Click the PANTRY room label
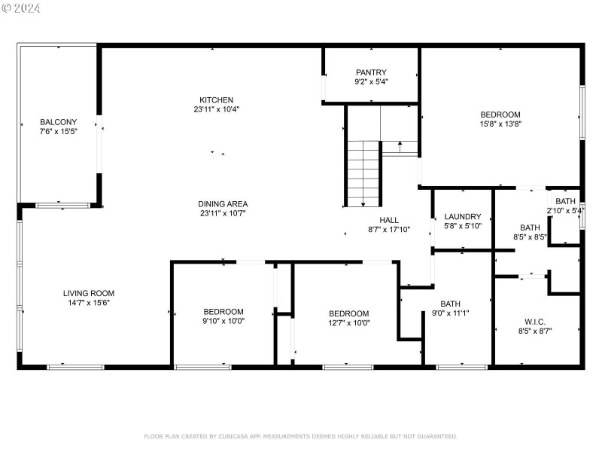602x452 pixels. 371,72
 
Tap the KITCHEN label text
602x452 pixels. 216,100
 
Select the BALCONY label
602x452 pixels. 57,122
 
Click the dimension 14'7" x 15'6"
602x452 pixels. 88,303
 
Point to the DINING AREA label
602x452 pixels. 223,203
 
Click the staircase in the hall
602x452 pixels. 363,173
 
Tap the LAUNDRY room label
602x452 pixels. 462,217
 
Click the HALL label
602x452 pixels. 389,220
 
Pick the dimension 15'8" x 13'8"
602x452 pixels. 500,124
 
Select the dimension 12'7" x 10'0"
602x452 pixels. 348,323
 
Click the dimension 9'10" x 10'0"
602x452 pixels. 223,321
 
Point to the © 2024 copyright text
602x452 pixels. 21,8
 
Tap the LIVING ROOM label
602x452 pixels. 88,293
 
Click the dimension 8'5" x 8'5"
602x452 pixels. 530,237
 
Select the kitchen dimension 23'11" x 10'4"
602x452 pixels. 216,110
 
